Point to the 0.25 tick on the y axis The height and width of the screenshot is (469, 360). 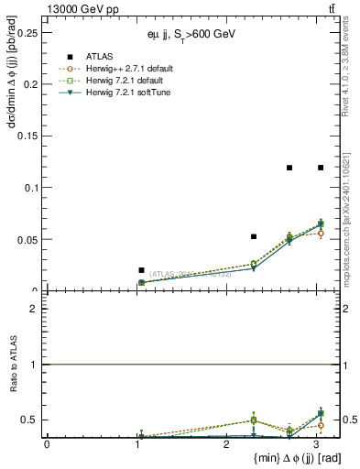[x=27, y=32]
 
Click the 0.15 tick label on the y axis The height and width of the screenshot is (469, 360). [x=27, y=136]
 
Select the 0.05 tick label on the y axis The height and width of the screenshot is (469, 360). [x=27, y=240]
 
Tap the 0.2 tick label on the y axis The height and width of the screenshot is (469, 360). [x=30, y=84]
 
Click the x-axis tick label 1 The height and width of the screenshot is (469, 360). [x=137, y=444]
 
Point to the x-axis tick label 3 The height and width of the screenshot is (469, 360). [x=317, y=444]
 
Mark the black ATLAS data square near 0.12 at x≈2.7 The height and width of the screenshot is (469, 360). [x=289, y=168]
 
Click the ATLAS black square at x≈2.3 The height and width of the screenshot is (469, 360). [x=254, y=236]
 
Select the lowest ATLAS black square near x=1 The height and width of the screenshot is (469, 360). [x=141, y=270]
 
